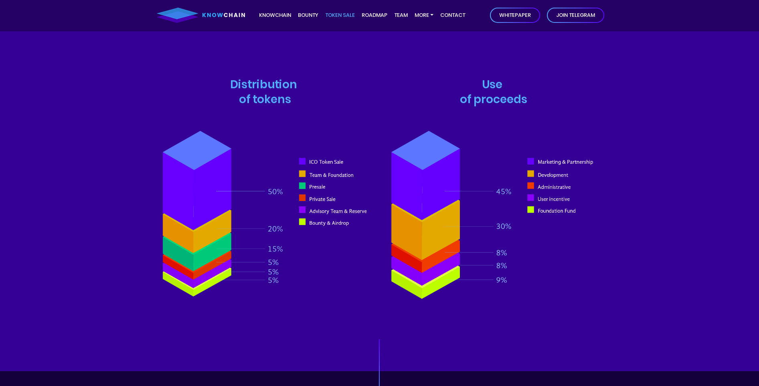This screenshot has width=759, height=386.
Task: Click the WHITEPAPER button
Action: (x=515, y=15)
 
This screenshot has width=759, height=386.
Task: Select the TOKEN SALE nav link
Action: (x=340, y=15)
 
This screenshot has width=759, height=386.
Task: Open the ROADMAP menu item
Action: (x=374, y=15)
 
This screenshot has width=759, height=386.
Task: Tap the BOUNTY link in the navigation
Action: (x=308, y=15)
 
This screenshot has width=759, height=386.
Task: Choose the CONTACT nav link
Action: (x=453, y=15)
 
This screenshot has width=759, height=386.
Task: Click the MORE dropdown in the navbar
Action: (x=424, y=15)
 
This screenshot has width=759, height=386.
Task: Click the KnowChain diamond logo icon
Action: (x=178, y=15)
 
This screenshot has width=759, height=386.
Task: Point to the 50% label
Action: (x=275, y=192)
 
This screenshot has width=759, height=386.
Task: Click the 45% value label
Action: (x=504, y=192)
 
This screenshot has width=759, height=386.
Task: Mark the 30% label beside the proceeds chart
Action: (x=504, y=226)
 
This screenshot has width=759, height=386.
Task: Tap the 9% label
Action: (x=502, y=280)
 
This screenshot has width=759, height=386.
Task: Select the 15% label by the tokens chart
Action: (x=275, y=249)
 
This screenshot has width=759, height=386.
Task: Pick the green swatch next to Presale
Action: (x=302, y=186)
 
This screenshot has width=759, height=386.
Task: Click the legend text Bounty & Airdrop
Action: (x=329, y=223)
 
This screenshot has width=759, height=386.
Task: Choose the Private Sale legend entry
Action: (x=322, y=199)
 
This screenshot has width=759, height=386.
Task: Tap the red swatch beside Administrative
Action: (x=530, y=186)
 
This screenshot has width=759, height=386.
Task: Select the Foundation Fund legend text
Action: (x=557, y=211)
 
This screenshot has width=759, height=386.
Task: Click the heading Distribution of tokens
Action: (x=264, y=92)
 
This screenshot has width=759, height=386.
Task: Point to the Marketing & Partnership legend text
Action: (x=565, y=162)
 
